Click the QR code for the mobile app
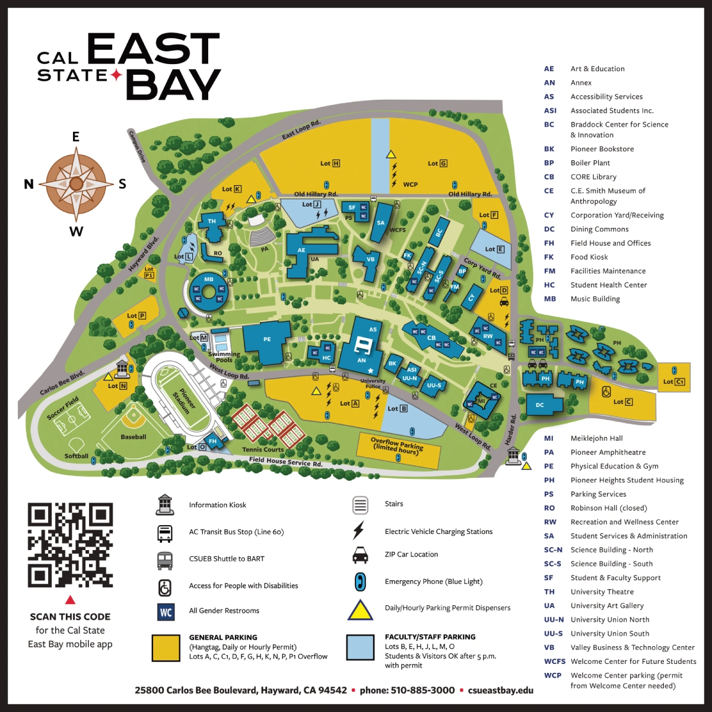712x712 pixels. pos(70,545)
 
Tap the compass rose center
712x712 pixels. pos(76,184)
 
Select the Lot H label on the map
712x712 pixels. pos(330,163)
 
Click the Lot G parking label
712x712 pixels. pos(437,163)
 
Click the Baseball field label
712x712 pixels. pos(133,437)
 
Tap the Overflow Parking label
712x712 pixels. pos(398,446)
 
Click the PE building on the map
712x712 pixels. pos(268,341)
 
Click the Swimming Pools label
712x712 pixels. pos(224,357)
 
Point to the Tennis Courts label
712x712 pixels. pos(263,449)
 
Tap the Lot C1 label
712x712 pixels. pos(674,382)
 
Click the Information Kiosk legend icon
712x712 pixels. pos(165,504)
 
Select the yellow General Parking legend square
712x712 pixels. pos(166,648)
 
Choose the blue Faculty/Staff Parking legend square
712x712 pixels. pos(360,648)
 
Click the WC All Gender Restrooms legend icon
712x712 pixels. pos(166,612)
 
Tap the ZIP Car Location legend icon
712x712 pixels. pos(360,555)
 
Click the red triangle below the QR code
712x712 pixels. pos(70,600)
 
